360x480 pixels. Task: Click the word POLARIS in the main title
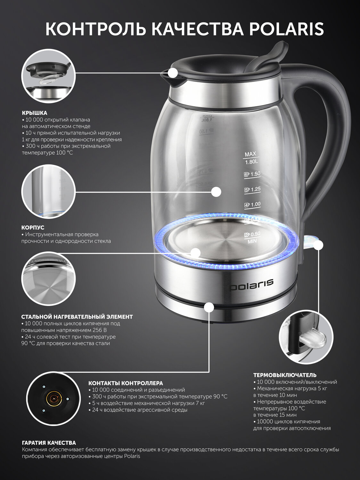tap(286, 29)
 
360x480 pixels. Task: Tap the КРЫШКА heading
tap(35, 113)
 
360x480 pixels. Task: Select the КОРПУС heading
tap(33, 228)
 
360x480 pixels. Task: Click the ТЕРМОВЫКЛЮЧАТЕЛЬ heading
tap(285, 375)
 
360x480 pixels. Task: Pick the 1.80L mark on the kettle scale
tap(251, 162)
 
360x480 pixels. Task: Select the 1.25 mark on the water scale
tap(253, 189)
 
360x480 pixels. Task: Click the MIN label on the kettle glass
tap(252, 242)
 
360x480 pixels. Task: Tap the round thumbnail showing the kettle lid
tap(48, 76)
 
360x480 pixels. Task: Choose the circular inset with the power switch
tap(306, 337)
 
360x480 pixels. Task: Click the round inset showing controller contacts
tap(53, 399)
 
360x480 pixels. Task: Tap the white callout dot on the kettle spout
tap(174, 73)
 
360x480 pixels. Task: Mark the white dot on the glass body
tap(216, 192)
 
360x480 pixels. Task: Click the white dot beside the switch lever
tap(318, 245)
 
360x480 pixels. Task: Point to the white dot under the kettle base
tap(209, 307)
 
